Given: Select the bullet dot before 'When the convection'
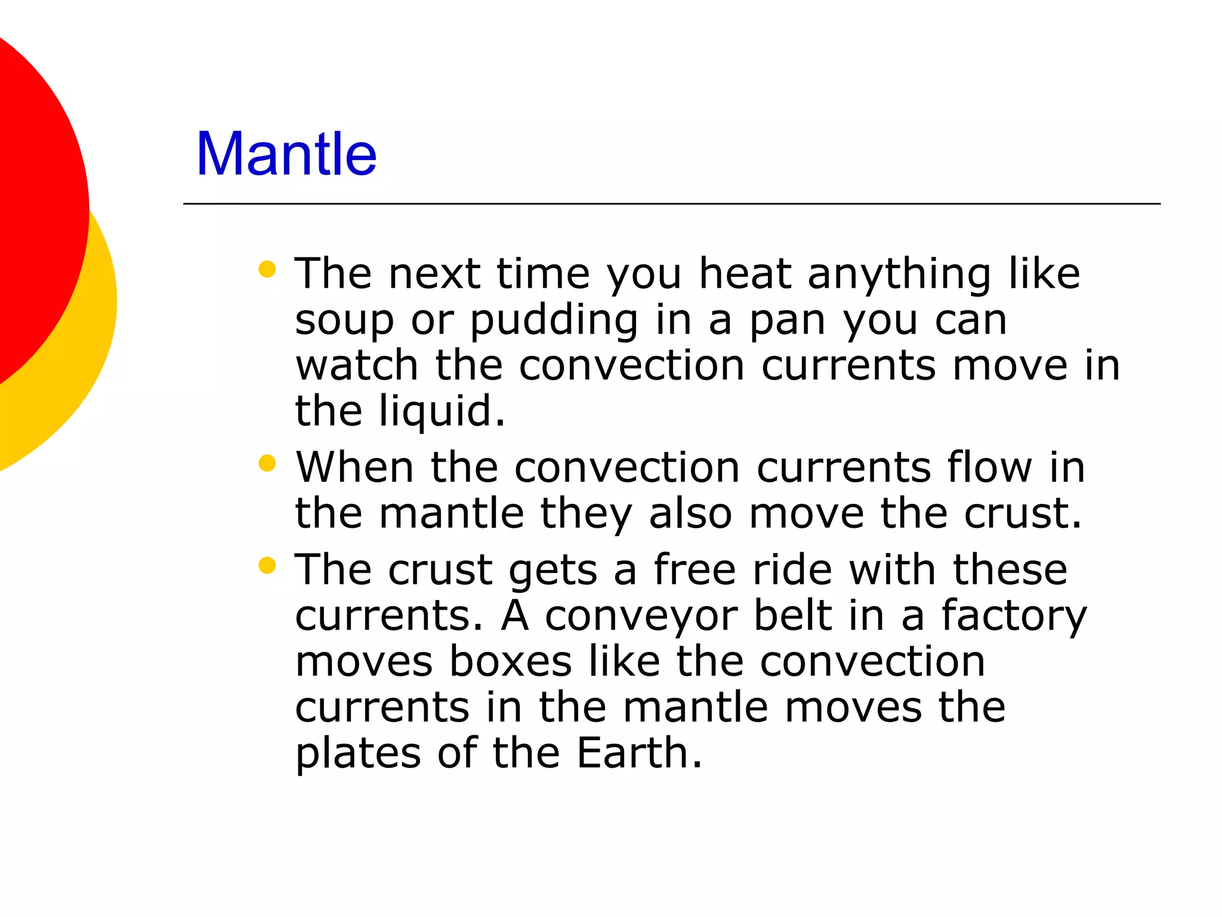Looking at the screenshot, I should point(267,463).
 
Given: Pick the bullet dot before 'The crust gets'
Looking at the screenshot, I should point(267,565).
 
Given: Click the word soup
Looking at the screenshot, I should point(344,321).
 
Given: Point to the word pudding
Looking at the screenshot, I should point(554,321).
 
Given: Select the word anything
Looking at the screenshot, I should point(899,275).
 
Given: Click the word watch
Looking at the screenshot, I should point(357,365).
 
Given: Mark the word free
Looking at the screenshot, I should point(695,570).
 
